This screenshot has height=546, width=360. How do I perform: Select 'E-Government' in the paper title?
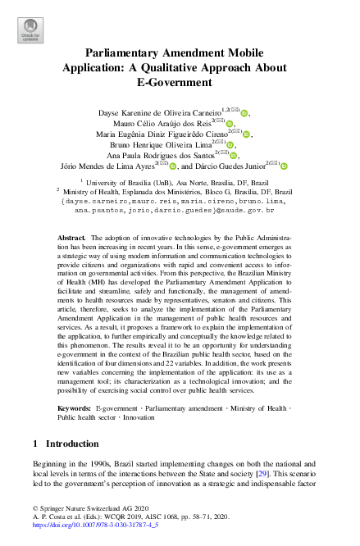click(x=180, y=81)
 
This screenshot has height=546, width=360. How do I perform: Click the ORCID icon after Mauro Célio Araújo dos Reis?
click(x=230, y=125)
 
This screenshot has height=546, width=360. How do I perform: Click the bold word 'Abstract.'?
click(x=71, y=236)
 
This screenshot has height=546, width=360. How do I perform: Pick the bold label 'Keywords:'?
click(x=74, y=407)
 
